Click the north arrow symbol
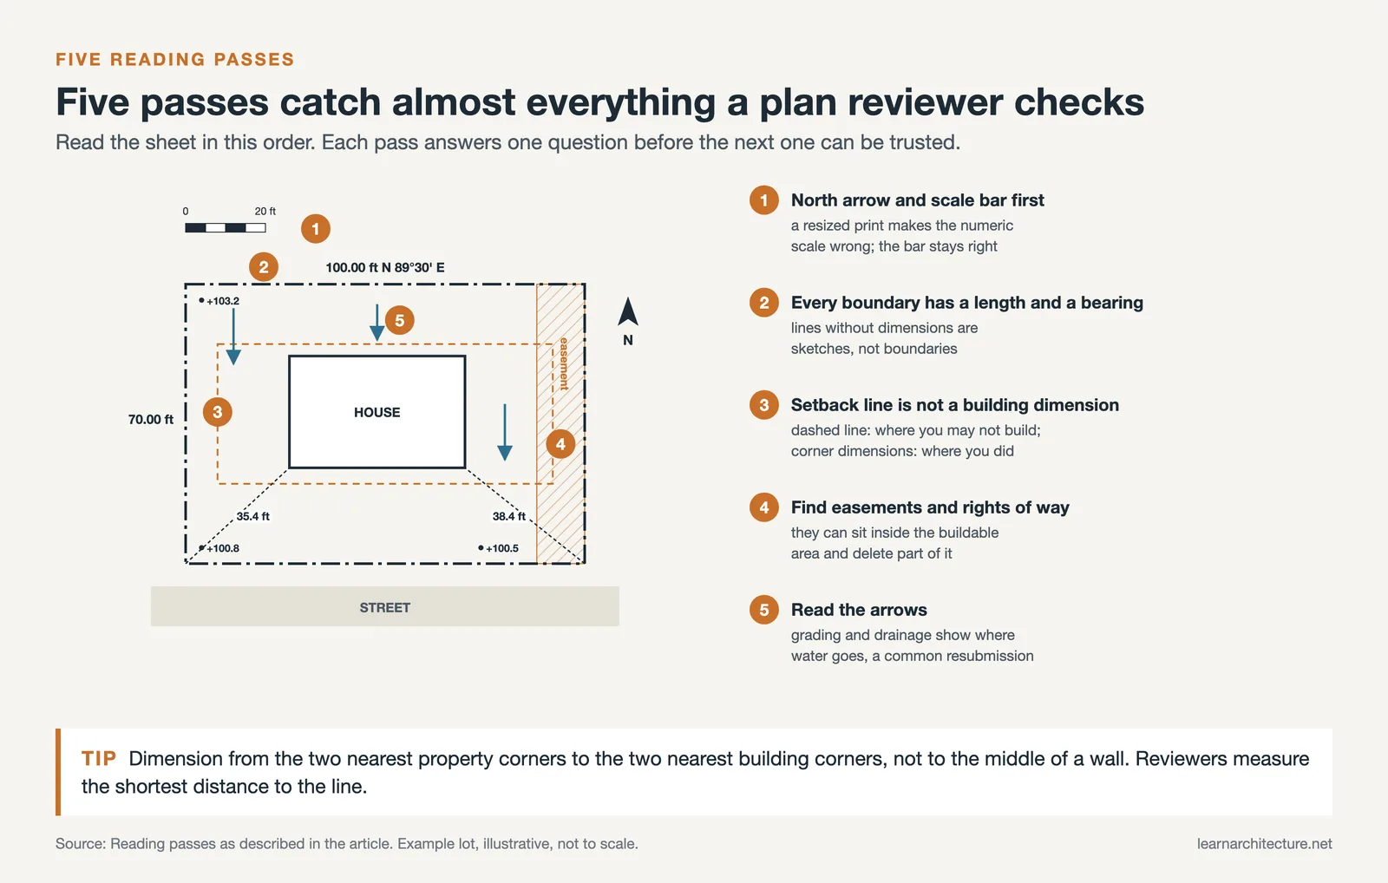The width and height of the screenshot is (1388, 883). pyautogui.click(x=628, y=311)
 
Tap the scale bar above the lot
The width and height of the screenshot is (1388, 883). pyautogui.click(x=226, y=228)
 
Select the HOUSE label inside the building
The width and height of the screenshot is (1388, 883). pyautogui.click(x=376, y=412)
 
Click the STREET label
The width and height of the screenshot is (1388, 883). pyautogui.click(x=385, y=607)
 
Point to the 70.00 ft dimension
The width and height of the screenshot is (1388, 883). pyautogui.click(x=151, y=420)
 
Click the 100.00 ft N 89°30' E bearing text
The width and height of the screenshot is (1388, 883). pyautogui.click(x=385, y=268)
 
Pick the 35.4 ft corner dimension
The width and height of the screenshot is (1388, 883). pyautogui.click(x=252, y=516)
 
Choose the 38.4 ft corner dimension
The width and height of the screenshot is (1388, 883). pyautogui.click(x=508, y=516)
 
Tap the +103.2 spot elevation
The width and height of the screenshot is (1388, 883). pyautogui.click(x=219, y=301)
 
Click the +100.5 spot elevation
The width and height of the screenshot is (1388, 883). pyautogui.click(x=499, y=548)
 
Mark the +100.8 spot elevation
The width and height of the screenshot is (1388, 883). pyautogui.click(x=219, y=548)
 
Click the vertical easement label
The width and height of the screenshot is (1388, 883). pyautogui.click(x=564, y=363)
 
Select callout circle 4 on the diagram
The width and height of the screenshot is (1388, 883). pyautogui.click(x=560, y=444)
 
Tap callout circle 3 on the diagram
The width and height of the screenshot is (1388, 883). pyautogui.click(x=218, y=412)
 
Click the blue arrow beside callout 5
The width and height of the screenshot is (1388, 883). pyautogui.click(x=376, y=322)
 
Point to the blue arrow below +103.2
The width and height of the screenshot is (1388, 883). pyautogui.click(x=233, y=337)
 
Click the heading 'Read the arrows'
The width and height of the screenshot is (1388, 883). pyautogui.click(x=859, y=610)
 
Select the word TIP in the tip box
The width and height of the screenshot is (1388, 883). pyautogui.click(x=99, y=758)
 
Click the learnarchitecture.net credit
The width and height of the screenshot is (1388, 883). pyautogui.click(x=1264, y=844)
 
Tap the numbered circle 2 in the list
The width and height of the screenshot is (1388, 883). pyautogui.click(x=764, y=303)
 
